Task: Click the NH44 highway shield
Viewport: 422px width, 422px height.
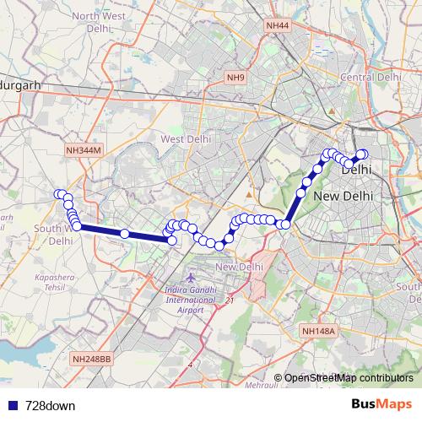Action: [277, 27]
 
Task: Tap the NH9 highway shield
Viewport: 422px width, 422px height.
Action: [235, 78]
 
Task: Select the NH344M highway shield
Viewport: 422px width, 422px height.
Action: [83, 150]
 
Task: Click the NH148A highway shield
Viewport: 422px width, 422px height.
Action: [318, 332]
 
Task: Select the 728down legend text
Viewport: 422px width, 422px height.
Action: [50, 406]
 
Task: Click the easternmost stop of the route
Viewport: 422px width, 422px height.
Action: [365, 154]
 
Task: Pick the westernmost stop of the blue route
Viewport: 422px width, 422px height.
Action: [59, 195]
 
